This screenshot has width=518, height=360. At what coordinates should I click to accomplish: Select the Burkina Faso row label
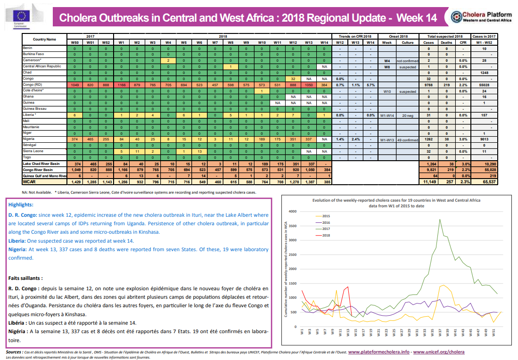(x=34, y=55)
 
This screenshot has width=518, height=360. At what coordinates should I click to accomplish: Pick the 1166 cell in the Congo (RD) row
(x=121, y=84)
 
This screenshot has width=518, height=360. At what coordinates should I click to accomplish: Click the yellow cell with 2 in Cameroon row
(x=168, y=61)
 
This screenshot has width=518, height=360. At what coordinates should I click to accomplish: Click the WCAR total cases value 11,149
(x=429, y=181)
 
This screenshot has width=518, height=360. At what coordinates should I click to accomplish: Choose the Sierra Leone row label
(x=34, y=151)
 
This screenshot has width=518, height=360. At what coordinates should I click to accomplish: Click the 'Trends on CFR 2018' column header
(x=355, y=36)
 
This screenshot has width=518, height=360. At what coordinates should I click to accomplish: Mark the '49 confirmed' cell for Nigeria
(x=406, y=139)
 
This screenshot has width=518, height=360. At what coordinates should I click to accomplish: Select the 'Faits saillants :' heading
(x=29, y=278)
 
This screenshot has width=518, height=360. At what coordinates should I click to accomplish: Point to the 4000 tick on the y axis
(x=293, y=211)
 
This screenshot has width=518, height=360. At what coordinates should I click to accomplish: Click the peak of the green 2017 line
(x=440, y=219)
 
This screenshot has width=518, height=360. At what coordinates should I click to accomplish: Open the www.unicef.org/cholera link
(x=439, y=352)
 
